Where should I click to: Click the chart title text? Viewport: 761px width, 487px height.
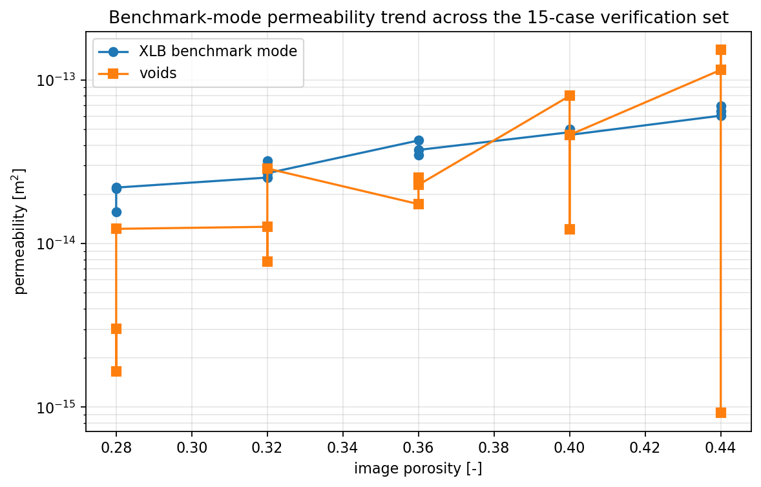click(x=418, y=17)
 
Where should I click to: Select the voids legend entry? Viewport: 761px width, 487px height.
click(x=158, y=74)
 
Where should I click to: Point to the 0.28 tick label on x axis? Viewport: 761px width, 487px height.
click(x=116, y=447)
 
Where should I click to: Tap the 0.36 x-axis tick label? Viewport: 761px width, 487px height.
click(x=419, y=447)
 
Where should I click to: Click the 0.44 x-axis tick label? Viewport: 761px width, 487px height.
click(x=721, y=447)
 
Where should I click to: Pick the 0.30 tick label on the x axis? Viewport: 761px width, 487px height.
click(x=192, y=447)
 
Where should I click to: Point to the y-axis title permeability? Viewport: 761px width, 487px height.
click(x=20, y=231)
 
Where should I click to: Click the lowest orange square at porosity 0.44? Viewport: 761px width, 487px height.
click(x=721, y=413)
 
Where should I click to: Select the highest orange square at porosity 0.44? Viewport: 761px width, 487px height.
click(x=721, y=50)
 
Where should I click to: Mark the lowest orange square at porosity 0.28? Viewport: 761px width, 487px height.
click(x=116, y=371)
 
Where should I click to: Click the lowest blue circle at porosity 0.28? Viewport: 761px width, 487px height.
click(x=116, y=212)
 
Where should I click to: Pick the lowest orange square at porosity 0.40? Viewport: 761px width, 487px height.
click(x=570, y=229)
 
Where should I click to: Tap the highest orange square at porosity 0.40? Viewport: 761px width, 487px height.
click(x=570, y=96)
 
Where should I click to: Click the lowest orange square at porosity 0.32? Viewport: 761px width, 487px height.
click(x=267, y=262)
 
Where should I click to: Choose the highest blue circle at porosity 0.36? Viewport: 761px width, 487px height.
click(x=419, y=140)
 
